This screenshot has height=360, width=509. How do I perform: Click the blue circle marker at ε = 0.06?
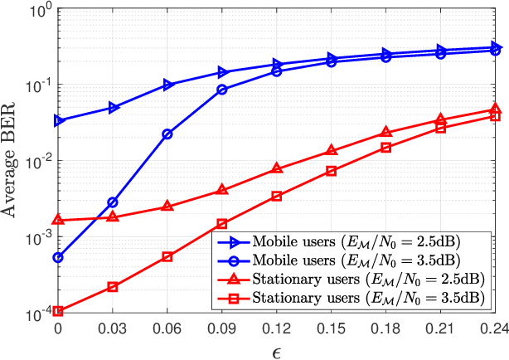(x=167, y=134)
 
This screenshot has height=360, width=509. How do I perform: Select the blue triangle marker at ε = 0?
(x=58, y=121)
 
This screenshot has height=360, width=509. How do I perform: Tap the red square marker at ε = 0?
(x=58, y=312)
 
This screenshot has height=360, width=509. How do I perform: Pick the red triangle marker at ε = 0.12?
(x=277, y=169)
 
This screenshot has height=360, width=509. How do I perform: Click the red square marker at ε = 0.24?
(x=496, y=116)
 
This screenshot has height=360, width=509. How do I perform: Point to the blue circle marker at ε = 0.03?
(x=113, y=202)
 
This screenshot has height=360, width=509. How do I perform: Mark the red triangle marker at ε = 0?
(x=58, y=220)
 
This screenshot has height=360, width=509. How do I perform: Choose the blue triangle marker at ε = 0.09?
(x=222, y=72)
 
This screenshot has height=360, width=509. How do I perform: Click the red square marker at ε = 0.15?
(x=332, y=171)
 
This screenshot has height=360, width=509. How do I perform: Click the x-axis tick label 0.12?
(x=277, y=329)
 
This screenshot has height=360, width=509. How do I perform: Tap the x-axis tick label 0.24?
(x=494, y=329)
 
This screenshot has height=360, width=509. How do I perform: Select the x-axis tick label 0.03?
(x=113, y=329)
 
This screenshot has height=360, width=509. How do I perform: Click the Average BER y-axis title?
(x=13, y=162)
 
